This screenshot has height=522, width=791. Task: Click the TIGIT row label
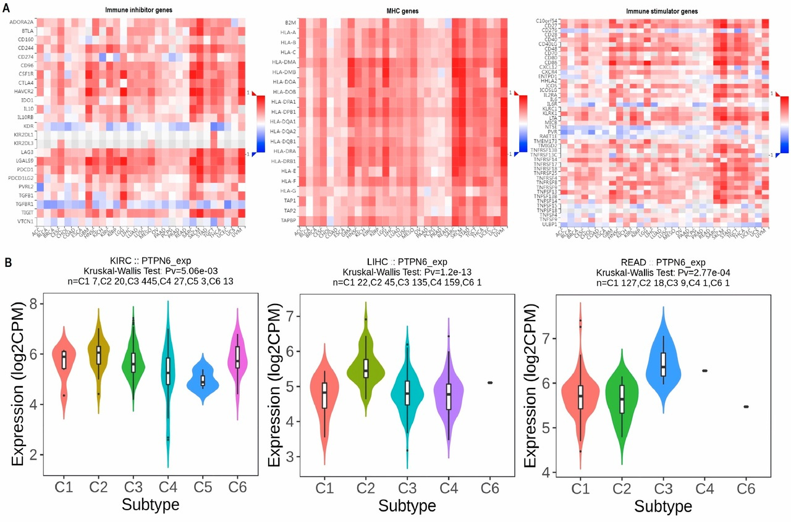click(x=27, y=211)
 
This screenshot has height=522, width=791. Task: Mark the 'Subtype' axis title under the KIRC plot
click(x=150, y=504)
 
